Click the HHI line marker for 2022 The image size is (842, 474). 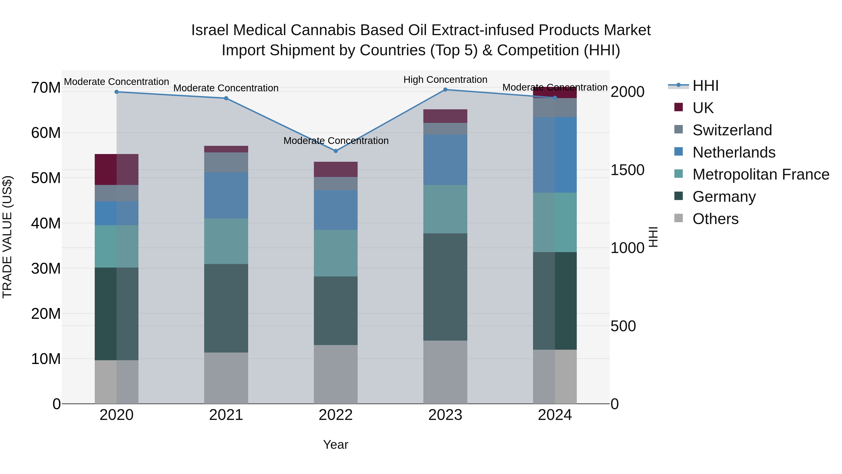[x=335, y=151]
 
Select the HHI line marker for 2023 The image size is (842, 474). [x=445, y=90]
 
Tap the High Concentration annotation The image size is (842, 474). [x=445, y=80]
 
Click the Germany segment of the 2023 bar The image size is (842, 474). [x=445, y=287]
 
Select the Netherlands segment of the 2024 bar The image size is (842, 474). [x=555, y=155]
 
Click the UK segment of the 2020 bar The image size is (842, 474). [x=116, y=169]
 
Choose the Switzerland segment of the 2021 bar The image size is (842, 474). [x=226, y=162]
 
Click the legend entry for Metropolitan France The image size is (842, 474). [x=761, y=174]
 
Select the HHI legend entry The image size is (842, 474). [x=705, y=86]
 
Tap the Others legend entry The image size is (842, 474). [x=715, y=219]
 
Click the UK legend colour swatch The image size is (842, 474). [x=679, y=107]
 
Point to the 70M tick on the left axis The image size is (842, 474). [x=46, y=88]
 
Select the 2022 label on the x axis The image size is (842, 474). [x=335, y=415]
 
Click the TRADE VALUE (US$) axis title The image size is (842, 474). [x=7, y=237]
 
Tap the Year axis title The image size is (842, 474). [x=335, y=445]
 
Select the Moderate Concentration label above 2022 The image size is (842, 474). [x=336, y=141]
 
